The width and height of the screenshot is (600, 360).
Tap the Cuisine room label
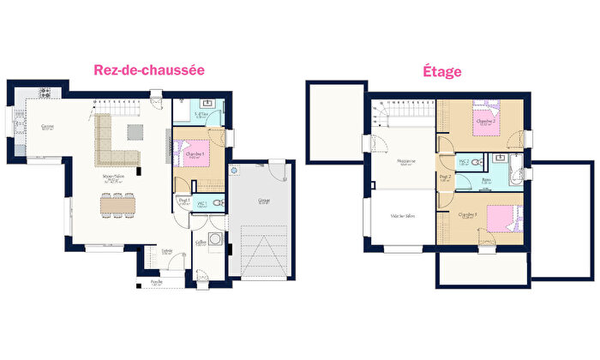point(48,127)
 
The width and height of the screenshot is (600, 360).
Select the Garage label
point(263,202)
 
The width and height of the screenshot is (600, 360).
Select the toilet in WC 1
point(218,204)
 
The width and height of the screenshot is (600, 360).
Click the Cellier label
point(200,243)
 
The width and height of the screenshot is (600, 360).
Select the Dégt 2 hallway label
point(445,180)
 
